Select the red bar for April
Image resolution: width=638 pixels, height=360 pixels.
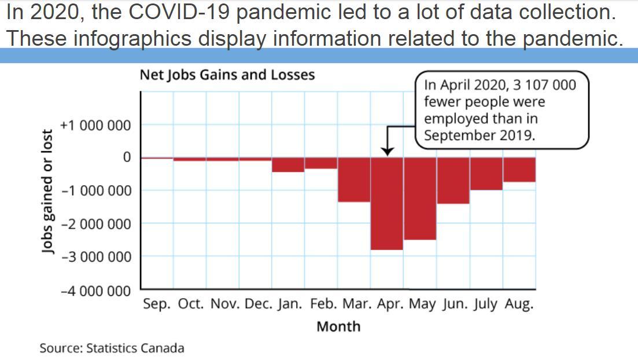(387, 203)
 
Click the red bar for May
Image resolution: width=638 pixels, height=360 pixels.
(420, 198)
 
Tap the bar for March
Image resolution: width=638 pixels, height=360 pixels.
(354, 179)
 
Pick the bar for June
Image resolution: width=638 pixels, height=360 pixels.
(453, 180)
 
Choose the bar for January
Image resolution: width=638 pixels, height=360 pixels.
(288, 164)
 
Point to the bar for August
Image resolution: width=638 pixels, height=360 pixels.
(519, 170)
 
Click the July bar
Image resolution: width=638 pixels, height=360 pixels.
(486, 174)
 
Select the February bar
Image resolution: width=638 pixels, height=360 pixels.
(321, 163)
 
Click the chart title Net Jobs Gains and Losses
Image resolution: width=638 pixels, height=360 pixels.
(227, 75)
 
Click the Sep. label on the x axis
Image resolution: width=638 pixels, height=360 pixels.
(157, 304)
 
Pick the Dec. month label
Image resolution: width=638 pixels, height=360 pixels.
(254, 304)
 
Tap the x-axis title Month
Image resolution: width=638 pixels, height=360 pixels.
(338, 326)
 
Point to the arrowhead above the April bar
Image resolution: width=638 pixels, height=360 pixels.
(388, 151)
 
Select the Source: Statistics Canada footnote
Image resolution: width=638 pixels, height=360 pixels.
(112, 348)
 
